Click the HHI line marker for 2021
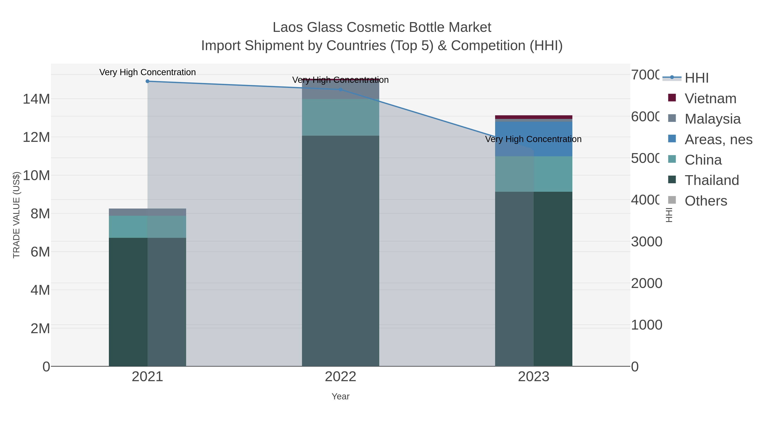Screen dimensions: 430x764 (x=147, y=81)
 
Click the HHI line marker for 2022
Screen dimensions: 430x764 (x=340, y=89)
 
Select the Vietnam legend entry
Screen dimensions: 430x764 (x=710, y=99)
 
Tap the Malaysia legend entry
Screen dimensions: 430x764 (x=712, y=119)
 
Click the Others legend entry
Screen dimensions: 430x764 (x=706, y=201)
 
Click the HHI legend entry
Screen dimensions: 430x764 (x=696, y=78)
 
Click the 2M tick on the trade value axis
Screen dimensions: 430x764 (x=40, y=328)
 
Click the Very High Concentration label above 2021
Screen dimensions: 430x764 (x=147, y=72)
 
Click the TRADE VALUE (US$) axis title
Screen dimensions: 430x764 (x=16, y=215)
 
